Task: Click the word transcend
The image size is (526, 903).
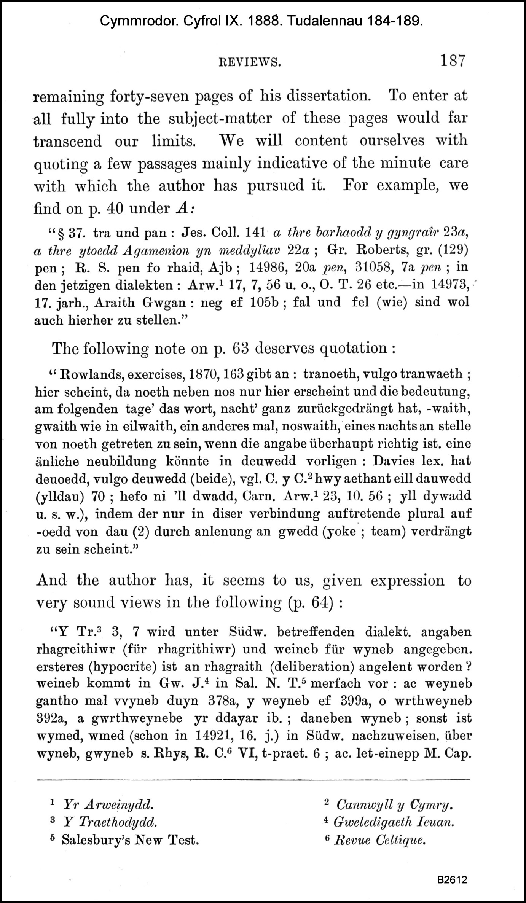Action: click(x=68, y=141)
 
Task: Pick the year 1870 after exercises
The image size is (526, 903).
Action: click(x=203, y=375)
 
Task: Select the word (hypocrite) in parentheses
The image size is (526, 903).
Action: click(x=125, y=666)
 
